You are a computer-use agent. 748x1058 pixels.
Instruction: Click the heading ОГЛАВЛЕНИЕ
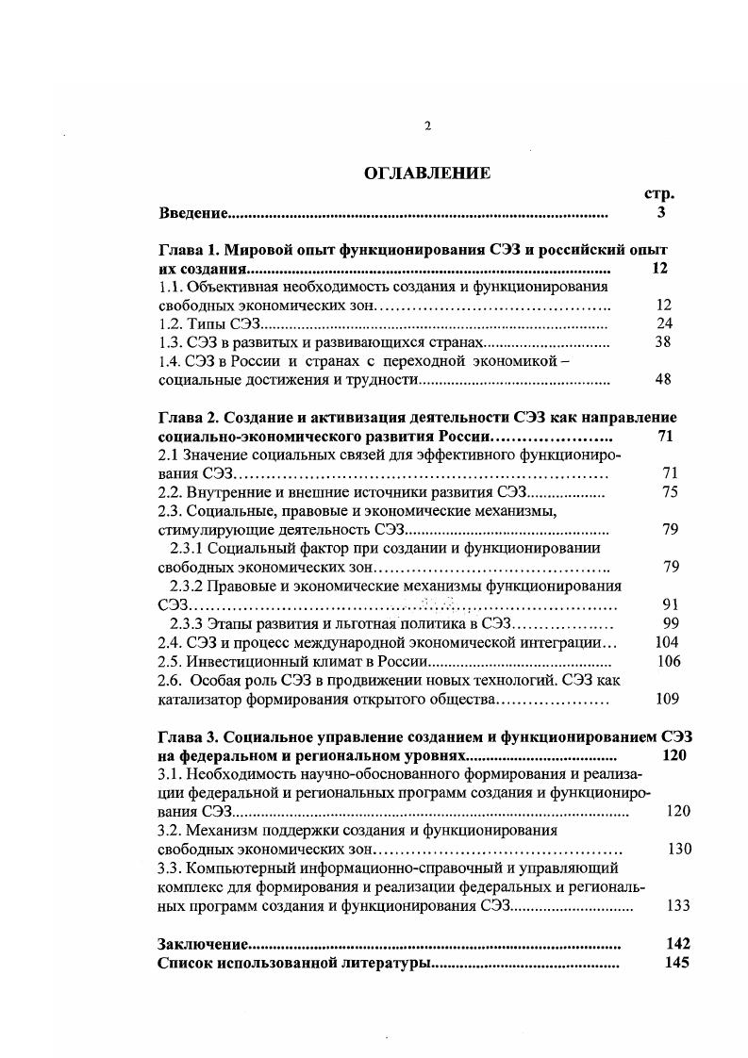[427, 173]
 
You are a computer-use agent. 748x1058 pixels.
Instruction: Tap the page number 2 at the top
[427, 125]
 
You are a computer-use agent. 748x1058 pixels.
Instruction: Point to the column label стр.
[659, 193]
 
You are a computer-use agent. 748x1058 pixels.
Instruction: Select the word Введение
[193, 213]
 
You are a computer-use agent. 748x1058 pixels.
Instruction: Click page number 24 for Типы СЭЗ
[662, 323]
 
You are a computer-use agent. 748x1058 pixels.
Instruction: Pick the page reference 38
[662, 342]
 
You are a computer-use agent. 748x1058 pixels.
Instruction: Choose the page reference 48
[662, 379]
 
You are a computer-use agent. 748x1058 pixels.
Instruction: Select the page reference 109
[666, 700]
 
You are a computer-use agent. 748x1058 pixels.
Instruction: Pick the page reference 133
[677, 905]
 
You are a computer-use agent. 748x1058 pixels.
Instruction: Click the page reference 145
[677, 963]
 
